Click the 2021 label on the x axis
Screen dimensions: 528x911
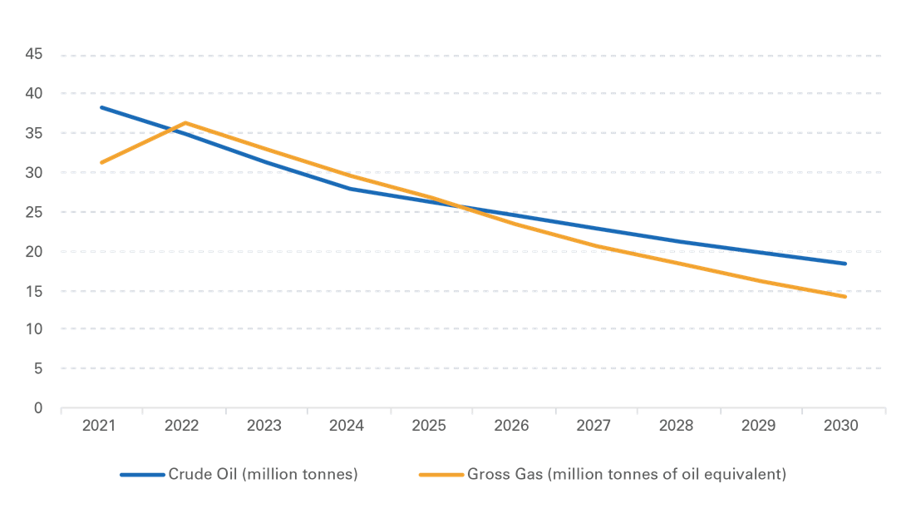101,427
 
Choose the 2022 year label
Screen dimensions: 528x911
183,427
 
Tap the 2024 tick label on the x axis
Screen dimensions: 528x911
347,427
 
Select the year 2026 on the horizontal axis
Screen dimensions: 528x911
512,427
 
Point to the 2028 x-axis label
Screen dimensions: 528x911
677,427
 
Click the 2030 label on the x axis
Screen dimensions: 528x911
842,427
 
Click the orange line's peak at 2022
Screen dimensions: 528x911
184,122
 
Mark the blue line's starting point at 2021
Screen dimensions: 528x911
101,107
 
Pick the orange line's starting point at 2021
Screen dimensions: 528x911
101,163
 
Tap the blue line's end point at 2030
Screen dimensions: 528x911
845,264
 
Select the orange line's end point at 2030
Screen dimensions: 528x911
845,297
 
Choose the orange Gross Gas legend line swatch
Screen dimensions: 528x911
441,475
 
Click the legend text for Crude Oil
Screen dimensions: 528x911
263,475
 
